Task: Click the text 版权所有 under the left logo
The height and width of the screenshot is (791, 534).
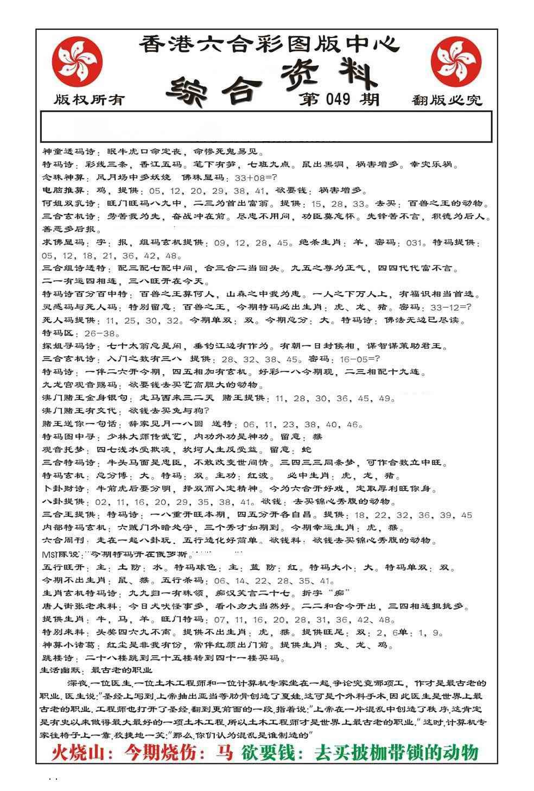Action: click(x=90, y=99)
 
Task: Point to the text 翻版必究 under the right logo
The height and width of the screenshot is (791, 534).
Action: click(x=447, y=100)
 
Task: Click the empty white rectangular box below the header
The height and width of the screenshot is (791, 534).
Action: click(x=266, y=126)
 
